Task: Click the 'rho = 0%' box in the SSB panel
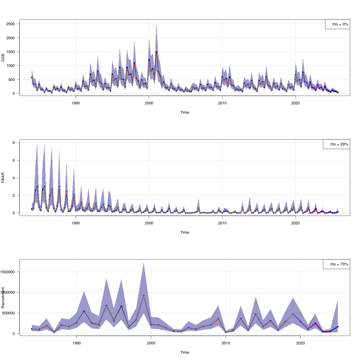coord(337,24)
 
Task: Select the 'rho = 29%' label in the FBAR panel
coord(337,144)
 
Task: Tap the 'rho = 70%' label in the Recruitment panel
coord(337,264)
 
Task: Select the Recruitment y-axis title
coord(3,297)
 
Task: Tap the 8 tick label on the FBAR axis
coord(14,143)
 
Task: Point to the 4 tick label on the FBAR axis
coord(14,178)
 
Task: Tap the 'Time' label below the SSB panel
coord(184,112)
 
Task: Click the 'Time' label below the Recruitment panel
coord(184,352)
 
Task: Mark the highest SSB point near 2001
coord(156,52)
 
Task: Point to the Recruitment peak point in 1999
coord(144,295)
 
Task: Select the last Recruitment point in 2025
coord(338,326)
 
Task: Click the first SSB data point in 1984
coord(32,77)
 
